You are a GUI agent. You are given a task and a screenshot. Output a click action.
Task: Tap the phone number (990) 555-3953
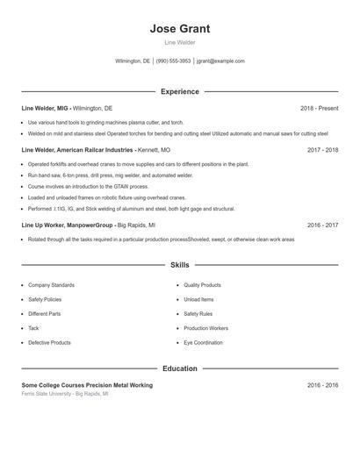coord(173,61)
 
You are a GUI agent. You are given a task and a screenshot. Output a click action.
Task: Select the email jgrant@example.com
coord(220,61)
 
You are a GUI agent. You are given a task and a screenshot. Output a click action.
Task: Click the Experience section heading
coord(179,91)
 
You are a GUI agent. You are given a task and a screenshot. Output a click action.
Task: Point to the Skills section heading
coord(179,264)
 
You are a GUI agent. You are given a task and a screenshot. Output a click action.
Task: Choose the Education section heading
coord(179,368)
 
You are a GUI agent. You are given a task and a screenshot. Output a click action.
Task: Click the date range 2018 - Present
coord(319,108)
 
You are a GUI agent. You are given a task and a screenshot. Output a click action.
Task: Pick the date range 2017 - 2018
coord(322,150)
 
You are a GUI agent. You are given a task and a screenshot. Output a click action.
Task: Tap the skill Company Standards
coord(51,285)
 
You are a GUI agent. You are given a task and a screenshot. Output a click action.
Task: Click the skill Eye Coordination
coord(203,342)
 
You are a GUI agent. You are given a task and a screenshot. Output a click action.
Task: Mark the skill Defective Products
coord(49,342)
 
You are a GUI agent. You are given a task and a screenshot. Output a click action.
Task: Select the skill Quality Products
coord(202,285)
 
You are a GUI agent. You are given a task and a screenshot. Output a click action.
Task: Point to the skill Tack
coord(33,328)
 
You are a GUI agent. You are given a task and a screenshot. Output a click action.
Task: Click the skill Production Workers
coord(205,328)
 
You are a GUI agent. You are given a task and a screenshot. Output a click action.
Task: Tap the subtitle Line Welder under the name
coord(179,42)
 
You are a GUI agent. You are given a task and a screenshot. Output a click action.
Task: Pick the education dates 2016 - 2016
coord(322,385)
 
